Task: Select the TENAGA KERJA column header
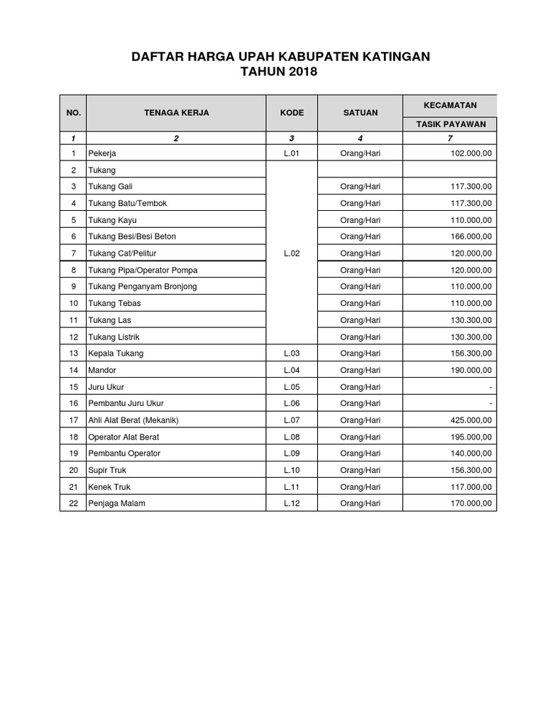click(x=176, y=112)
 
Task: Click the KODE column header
click(x=292, y=112)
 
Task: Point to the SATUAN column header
click(x=360, y=112)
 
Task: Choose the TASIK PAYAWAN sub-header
click(x=451, y=124)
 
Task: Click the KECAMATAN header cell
click(x=450, y=104)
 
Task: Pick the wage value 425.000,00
click(x=470, y=420)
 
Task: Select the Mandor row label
click(x=102, y=370)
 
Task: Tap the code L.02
click(x=292, y=253)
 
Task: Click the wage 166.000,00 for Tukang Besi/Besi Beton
click(x=470, y=236)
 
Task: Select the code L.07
click(x=292, y=420)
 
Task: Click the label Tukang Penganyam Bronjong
click(x=143, y=286)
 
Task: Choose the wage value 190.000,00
click(x=470, y=370)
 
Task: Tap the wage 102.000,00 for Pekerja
click(x=470, y=153)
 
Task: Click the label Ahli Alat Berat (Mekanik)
click(x=133, y=420)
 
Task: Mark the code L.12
click(x=292, y=503)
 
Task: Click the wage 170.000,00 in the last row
click(x=470, y=503)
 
